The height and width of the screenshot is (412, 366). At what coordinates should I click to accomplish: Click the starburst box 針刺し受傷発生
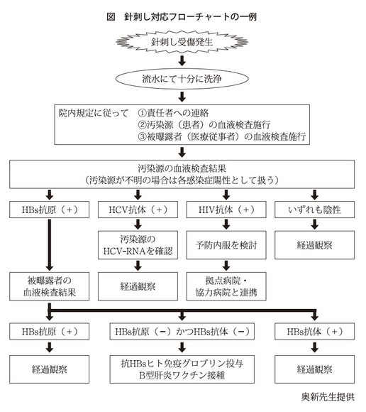click(182, 42)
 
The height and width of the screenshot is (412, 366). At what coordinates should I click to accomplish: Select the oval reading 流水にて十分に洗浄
click(182, 79)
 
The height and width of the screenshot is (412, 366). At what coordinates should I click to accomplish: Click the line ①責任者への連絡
click(173, 113)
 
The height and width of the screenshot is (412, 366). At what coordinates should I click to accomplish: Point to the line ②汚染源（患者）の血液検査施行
click(204, 125)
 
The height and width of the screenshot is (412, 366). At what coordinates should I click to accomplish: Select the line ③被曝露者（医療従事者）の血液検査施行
click(222, 136)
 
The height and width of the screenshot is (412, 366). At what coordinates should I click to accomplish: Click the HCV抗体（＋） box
click(138, 210)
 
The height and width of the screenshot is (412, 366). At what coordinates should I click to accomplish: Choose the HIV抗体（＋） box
click(226, 210)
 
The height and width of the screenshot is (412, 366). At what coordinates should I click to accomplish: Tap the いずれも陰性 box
click(315, 210)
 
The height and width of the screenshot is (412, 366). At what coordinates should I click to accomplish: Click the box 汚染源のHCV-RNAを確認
click(138, 245)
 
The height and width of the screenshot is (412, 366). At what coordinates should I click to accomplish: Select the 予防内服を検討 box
click(226, 245)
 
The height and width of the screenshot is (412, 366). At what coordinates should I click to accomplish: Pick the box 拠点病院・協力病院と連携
click(226, 286)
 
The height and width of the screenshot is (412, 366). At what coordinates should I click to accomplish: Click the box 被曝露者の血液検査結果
click(50, 286)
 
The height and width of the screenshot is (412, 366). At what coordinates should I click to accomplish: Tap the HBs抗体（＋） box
click(315, 331)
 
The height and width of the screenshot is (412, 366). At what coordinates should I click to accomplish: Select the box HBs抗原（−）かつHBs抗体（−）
click(182, 331)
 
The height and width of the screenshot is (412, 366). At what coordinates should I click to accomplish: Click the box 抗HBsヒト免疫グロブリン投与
click(182, 369)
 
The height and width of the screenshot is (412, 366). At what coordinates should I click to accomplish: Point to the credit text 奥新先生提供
click(328, 397)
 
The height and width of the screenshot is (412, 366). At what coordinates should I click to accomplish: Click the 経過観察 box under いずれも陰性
click(315, 245)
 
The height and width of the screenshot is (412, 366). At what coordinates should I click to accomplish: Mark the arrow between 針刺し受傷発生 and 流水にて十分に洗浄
click(182, 60)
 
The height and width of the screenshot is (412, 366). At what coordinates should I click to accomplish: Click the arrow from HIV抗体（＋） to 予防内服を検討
click(226, 224)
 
